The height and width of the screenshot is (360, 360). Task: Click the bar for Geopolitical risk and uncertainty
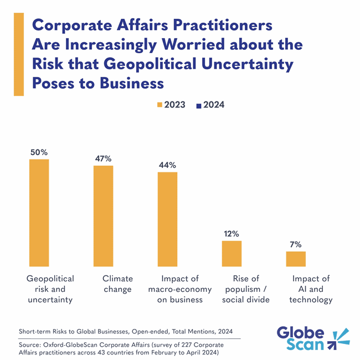pos(39,213)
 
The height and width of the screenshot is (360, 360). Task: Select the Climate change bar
pos(103,216)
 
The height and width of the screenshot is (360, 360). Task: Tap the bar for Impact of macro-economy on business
pos(167,219)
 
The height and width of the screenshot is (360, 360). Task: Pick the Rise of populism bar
pos(232,254)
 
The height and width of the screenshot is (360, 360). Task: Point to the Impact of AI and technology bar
pos(296,259)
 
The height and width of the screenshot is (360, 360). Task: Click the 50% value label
pos(39,152)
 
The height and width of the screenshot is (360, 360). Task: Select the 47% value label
pos(103,158)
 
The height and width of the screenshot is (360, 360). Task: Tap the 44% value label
pos(167,165)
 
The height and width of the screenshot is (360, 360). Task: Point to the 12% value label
pos(232,234)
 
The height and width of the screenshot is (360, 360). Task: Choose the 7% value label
pos(296,244)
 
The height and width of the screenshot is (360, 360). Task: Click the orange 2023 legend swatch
pos(160,105)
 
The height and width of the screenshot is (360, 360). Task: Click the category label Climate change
pos(117,284)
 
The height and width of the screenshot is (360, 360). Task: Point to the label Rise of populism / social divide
pos(245,289)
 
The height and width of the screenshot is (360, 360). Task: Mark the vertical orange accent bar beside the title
pos(18,54)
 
